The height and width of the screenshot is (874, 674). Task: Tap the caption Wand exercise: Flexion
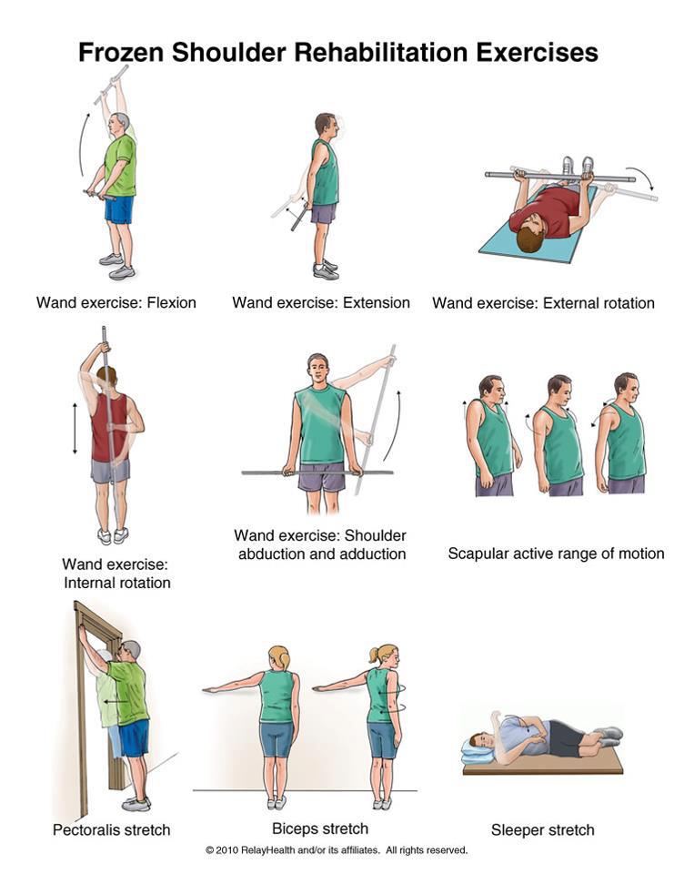point(116,302)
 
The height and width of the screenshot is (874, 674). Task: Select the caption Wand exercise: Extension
point(321,302)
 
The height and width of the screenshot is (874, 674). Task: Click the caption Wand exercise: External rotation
point(543,302)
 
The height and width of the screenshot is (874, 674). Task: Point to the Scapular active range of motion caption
point(556,553)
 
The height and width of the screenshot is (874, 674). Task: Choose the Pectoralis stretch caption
point(110,829)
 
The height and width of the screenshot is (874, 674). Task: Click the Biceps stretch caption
point(320,828)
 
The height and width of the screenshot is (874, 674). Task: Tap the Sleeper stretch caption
point(542,828)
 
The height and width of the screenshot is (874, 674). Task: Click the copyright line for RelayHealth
point(337,850)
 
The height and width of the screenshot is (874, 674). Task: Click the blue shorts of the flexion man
point(118,210)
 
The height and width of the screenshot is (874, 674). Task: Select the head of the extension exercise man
point(325,125)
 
